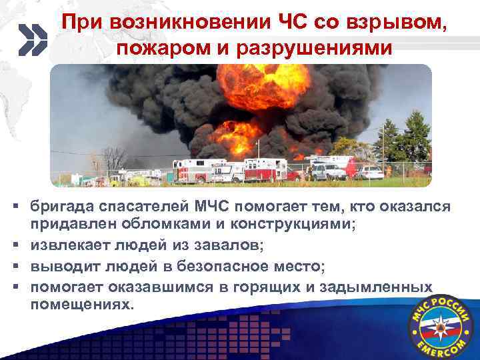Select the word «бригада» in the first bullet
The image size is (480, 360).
click(61, 208)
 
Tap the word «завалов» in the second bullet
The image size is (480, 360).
click(229, 246)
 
